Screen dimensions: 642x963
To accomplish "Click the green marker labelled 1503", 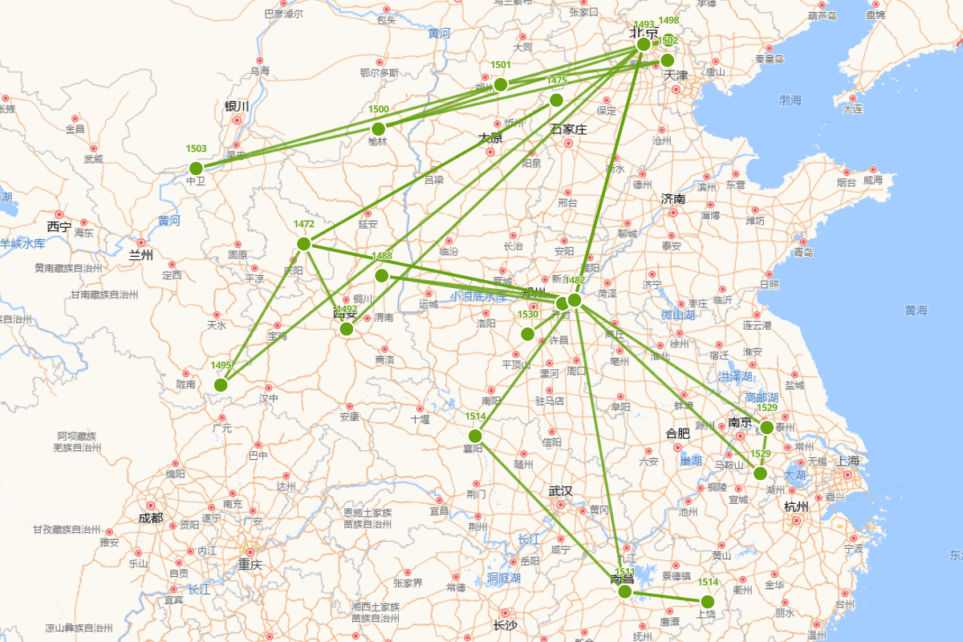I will click(x=196, y=169).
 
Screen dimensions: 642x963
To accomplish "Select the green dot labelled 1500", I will click(x=379, y=129).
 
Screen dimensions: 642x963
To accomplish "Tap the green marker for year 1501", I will click(x=501, y=85).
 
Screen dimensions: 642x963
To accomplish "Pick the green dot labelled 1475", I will click(x=556, y=100).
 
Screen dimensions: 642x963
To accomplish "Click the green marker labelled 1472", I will click(x=304, y=244).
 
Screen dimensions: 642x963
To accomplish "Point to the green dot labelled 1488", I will click(x=382, y=276).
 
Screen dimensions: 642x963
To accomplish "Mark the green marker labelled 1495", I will click(x=221, y=385).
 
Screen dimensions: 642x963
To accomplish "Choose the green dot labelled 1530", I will click(x=528, y=334).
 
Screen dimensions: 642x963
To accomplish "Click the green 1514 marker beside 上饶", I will click(x=707, y=602).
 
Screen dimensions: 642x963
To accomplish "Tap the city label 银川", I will click(x=237, y=106).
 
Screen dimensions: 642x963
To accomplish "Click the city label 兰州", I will click(x=140, y=255).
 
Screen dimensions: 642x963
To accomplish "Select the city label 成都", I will click(x=150, y=518).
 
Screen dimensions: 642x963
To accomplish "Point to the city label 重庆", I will click(x=250, y=564).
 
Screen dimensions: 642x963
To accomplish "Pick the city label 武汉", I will click(x=560, y=491).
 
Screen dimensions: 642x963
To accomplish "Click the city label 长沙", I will click(x=505, y=625).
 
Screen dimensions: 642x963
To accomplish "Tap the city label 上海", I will click(x=848, y=461).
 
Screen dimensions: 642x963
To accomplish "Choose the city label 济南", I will click(x=673, y=198).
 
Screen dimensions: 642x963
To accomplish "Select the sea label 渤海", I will click(x=790, y=100).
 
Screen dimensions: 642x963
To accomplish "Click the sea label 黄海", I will click(x=916, y=310).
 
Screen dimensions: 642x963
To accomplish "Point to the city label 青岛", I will click(x=803, y=252).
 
